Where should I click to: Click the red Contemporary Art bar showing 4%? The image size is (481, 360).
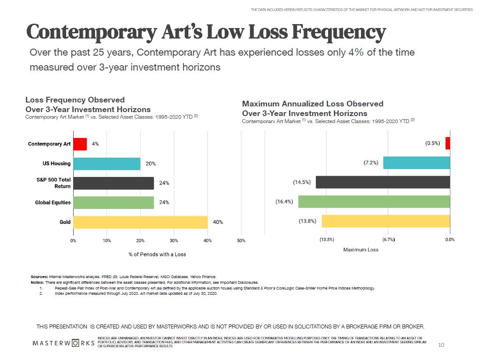[x=80, y=144]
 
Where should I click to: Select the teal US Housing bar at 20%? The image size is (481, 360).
[x=106, y=164]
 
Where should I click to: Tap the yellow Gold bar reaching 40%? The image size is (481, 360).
[x=140, y=222]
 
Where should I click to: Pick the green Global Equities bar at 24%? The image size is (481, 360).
[x=113, y=202]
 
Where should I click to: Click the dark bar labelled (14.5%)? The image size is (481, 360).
[x=382, y=182]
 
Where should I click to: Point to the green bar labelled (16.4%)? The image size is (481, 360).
[x=374, y=201]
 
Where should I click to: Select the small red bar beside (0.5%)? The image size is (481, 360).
[x=448, y=143]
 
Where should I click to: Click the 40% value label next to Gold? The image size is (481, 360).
[x=218, y=222]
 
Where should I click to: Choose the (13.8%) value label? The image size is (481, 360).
[x=308, y=221]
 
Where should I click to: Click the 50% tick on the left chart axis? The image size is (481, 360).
[x=241, y=240]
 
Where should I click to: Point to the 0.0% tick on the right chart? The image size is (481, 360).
[x=450, y=240]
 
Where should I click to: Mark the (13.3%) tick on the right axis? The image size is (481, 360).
[x=327, y=240]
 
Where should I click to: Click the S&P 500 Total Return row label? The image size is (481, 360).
[x=53, y=183]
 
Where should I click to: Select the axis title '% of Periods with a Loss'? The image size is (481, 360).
[x=157, y=254]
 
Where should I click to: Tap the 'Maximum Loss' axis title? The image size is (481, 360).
[x=361, y=250]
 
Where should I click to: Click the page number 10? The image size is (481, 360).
[x=441, y=345]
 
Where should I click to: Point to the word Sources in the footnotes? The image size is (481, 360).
[x=39, y=277]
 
